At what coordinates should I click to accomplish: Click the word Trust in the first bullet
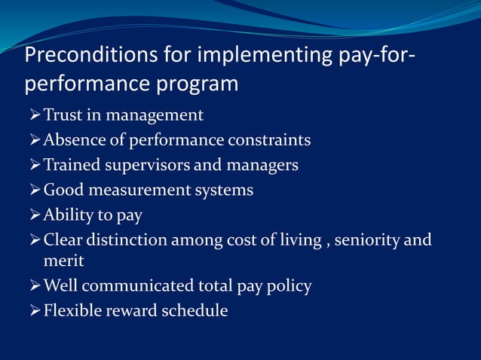click(64, 115)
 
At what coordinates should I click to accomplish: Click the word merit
click(63, 261)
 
